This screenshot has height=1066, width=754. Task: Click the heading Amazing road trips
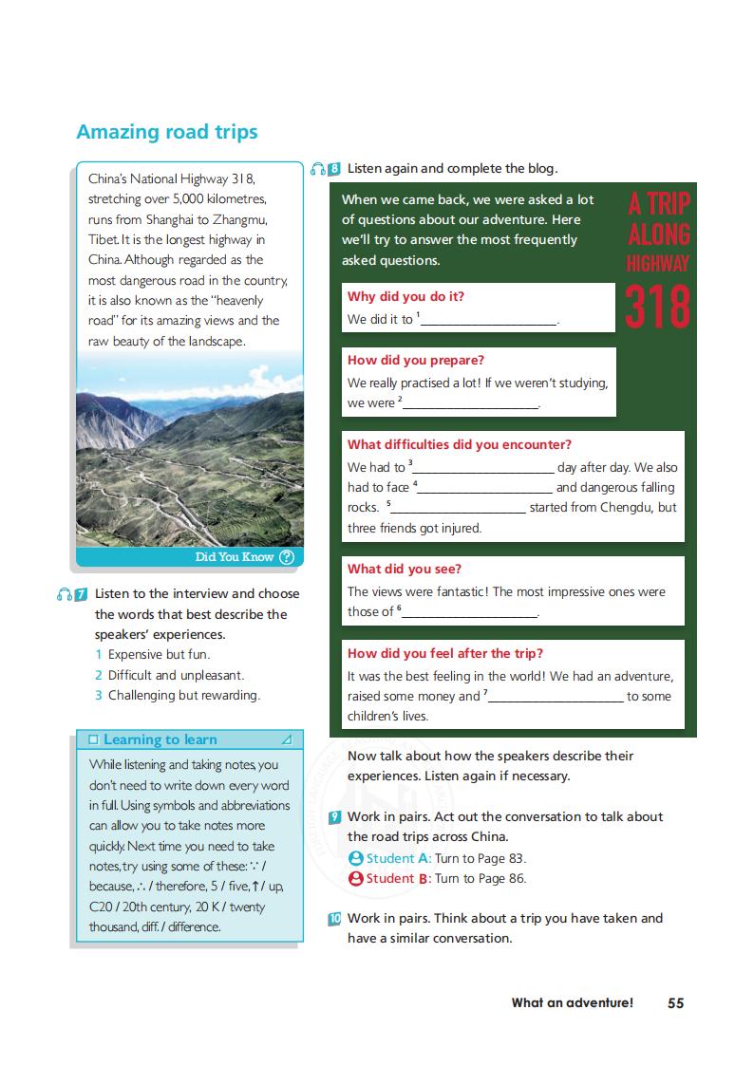166,132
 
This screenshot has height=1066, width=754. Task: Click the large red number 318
658,305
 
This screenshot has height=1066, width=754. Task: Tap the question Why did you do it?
405,296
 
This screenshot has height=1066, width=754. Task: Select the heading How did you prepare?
415,360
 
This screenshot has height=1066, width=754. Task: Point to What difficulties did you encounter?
459,444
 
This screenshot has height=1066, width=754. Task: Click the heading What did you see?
404,569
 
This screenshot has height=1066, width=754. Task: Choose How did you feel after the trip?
444,653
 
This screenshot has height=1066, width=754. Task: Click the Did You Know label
234,557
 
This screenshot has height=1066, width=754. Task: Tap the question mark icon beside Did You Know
287,557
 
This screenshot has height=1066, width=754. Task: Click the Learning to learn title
160,739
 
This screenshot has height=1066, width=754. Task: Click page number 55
675,1002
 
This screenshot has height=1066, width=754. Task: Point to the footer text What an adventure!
572,1002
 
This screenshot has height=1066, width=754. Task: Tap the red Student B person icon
356,878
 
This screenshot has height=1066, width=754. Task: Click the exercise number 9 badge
334,817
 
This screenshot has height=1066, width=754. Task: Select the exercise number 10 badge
334,919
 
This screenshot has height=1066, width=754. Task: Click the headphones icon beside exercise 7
64,594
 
